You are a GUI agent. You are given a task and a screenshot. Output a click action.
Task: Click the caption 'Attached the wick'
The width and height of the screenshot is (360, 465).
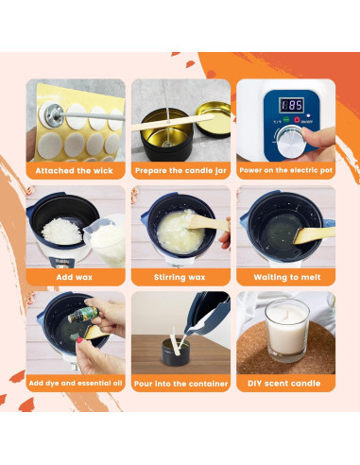76,171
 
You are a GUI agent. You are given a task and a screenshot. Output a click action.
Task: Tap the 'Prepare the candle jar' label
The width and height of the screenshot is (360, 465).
180,171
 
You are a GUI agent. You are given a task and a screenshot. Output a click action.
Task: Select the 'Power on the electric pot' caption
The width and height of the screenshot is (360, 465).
285,171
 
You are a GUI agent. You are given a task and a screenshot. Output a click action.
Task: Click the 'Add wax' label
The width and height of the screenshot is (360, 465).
76,278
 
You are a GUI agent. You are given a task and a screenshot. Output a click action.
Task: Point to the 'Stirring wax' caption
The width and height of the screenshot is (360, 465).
180,278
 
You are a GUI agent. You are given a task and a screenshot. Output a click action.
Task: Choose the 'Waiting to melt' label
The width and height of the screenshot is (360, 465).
285,278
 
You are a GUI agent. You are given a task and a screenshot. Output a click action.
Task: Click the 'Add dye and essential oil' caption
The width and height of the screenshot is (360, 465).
76,384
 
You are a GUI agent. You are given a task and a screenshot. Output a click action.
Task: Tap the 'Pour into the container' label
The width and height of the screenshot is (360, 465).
180,384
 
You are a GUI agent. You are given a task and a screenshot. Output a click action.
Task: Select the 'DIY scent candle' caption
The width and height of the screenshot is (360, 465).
285,384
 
